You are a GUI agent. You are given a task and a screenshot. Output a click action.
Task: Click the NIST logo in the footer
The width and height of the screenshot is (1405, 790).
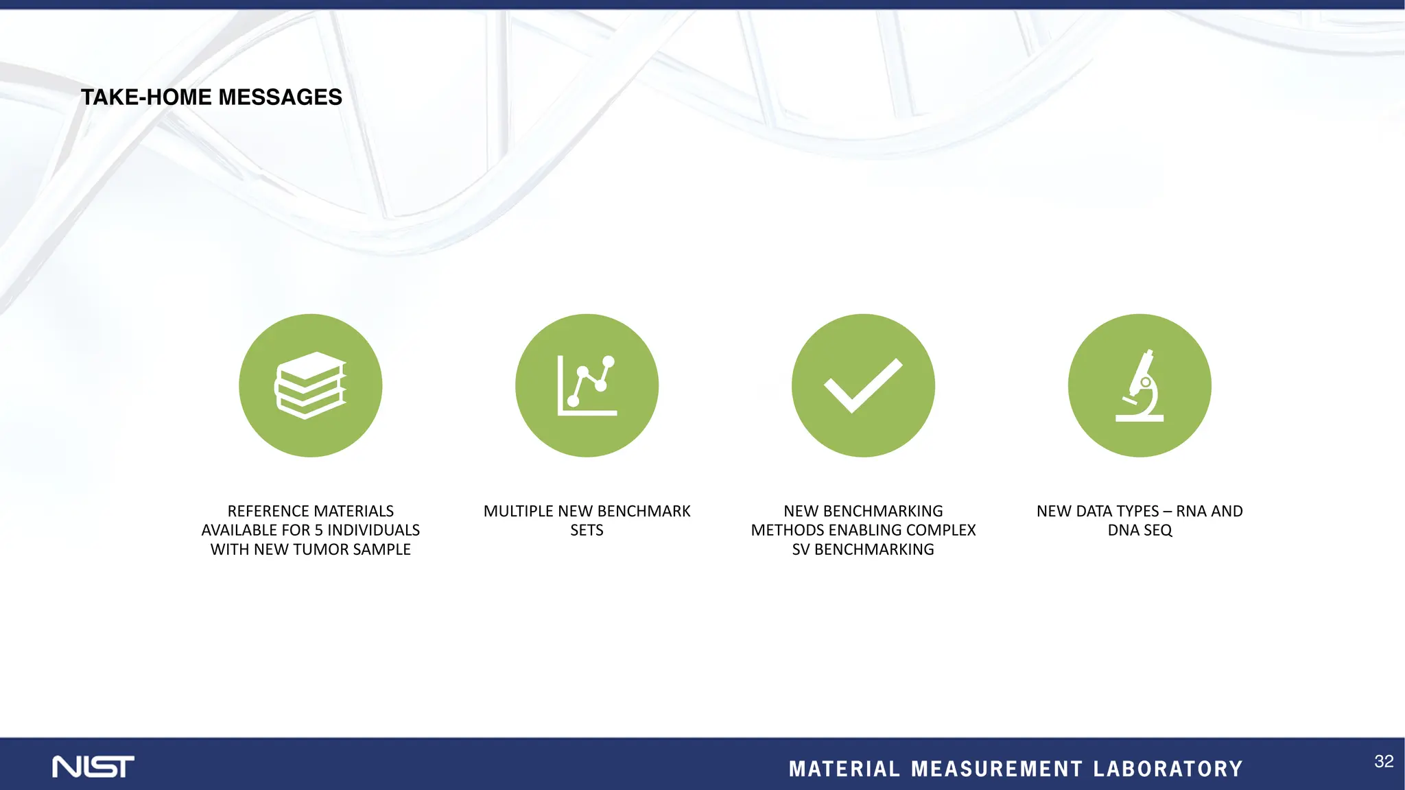tap(93, 767)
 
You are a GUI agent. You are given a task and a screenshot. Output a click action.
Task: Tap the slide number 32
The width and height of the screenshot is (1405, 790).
tap(1384, 761)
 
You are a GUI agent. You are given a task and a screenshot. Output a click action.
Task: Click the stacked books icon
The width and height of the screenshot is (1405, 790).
tap(311, 385)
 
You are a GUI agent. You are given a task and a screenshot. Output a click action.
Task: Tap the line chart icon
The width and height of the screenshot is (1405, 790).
tap(587, 385)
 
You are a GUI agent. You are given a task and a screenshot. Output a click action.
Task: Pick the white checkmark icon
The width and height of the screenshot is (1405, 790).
tap(863, 385)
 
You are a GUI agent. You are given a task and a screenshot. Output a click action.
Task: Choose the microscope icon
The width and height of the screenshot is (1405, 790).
tap(1140, 385)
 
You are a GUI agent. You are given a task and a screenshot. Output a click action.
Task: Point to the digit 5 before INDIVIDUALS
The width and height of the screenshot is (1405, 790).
tap(318, 530)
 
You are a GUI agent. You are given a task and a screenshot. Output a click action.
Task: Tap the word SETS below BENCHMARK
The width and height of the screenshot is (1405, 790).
tap(587, 530)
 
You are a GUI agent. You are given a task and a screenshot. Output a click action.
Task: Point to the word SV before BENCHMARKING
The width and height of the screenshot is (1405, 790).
tap(801, 549)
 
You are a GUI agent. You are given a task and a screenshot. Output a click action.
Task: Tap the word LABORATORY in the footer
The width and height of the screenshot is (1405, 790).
tap(1168, 769)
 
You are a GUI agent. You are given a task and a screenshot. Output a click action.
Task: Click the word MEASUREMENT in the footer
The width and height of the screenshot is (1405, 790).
tap(997, 769)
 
